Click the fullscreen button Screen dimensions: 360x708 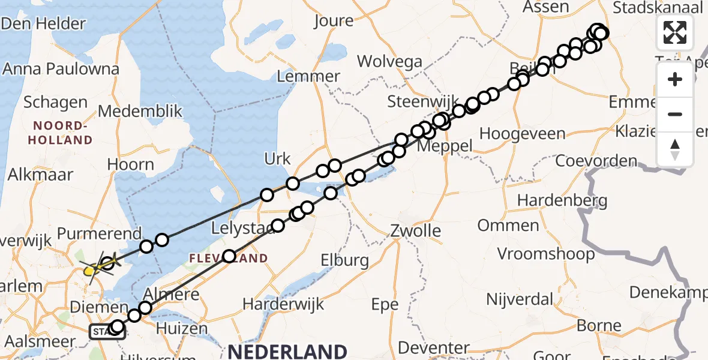click(x=675, y=32)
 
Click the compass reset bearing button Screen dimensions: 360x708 click(x=675, y=149)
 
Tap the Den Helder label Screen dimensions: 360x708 click(x=43, y=24)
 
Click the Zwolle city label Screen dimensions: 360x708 click(x=415, y=230)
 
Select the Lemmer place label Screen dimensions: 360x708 click(x=308, y=76)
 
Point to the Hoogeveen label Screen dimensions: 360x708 click(x=514, y=133)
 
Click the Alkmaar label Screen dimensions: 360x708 click(x=40, y=175)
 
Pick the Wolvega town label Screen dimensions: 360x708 click(x=390, y=61)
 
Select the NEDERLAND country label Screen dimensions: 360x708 click(x=287, y=351)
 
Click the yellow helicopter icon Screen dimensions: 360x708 click(x=91, y=271)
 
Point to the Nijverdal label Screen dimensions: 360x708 click(x=520, y=299)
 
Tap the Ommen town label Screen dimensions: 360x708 click(x=508, y=226)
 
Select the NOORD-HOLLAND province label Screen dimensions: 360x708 click(x=63, y=133)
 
